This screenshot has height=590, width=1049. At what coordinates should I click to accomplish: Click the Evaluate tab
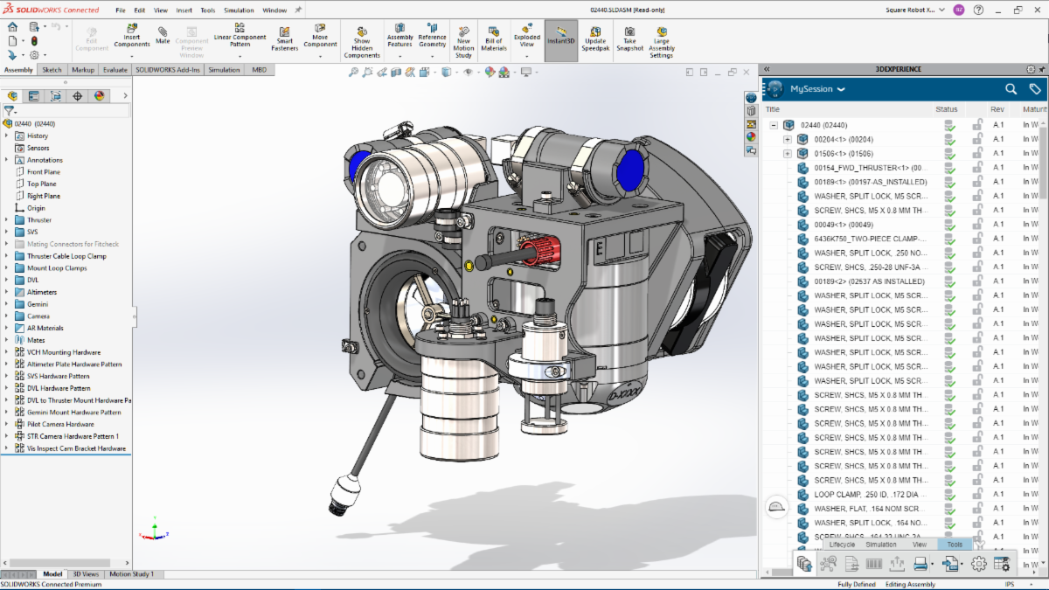point(115,70)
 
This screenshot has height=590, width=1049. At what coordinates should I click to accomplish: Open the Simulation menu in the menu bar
point(239,10)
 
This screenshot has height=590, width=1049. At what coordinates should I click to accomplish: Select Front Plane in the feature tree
point(43,172)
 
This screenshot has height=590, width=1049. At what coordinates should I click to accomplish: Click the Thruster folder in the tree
point(39,220)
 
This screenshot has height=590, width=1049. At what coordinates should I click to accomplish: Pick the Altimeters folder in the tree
point(42,292)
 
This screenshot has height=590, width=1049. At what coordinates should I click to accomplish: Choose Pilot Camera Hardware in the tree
point(60,424)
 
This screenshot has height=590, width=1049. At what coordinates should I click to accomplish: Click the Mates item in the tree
point(36,340)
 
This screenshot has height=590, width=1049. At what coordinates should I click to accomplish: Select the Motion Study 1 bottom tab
point(131,574)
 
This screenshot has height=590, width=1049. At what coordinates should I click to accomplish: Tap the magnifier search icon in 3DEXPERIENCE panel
point(1011,89)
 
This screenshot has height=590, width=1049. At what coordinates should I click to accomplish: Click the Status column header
point(947,109)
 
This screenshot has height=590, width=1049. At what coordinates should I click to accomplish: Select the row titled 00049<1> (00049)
point(844,225)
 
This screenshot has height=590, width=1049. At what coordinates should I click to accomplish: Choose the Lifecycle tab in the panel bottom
point(842,545)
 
